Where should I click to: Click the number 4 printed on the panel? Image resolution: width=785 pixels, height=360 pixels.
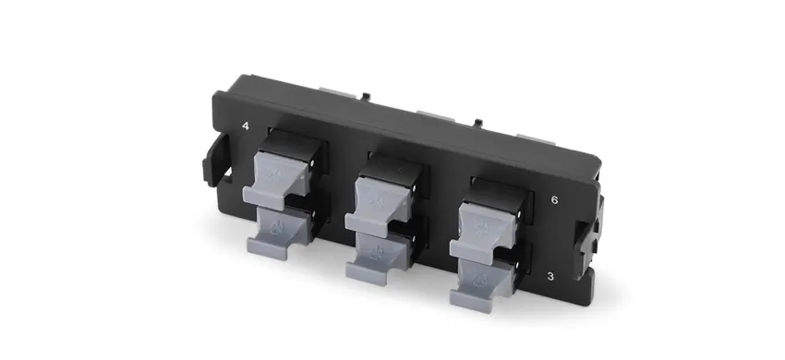coord(246,126)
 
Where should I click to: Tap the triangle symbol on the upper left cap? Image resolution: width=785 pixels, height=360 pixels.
coord(270,170)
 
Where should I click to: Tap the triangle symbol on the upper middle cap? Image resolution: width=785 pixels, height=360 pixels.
coord(375,196)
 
